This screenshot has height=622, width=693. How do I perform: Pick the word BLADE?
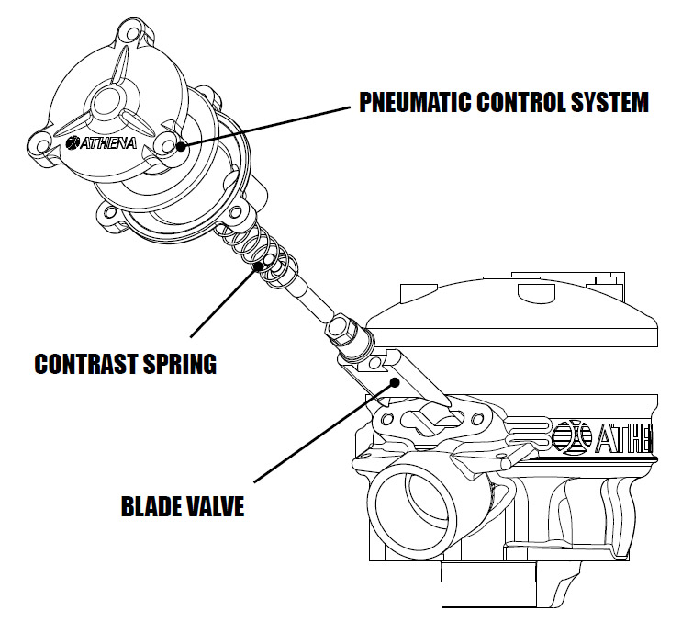(x=154, y=505)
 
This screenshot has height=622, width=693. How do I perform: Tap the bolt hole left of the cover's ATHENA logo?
(x=41, y=145)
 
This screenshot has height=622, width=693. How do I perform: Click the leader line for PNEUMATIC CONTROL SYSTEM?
(x=266, y=125)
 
